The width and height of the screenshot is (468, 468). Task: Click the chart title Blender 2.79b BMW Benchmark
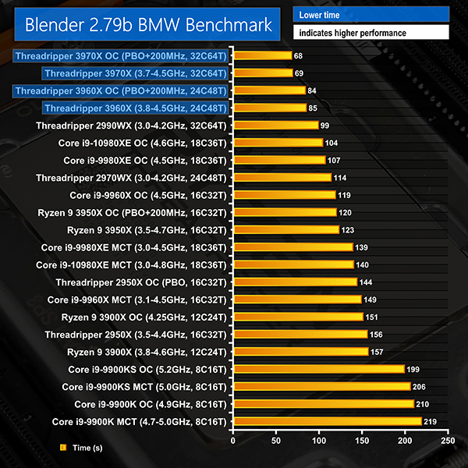click(148, 24)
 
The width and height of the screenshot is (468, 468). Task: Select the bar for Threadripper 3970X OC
click(262, 55)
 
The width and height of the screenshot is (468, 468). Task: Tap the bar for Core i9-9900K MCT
click(327, 421)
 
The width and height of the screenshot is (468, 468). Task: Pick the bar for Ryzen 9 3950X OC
click(285, 212)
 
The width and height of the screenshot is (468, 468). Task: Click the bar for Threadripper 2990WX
click(275, 125)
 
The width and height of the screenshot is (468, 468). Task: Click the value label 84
click(312, 90)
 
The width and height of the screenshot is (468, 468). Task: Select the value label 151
click(373, 317)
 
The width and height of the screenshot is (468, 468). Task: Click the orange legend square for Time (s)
click(63, 448)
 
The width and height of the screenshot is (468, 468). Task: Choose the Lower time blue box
click(370, 14)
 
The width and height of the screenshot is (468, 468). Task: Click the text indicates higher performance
click(370, 33)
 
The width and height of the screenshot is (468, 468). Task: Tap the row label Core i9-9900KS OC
click(147, 369)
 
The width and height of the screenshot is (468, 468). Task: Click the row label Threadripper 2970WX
click(131, 177)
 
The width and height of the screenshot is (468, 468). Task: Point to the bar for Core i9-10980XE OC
click(278, 143)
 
